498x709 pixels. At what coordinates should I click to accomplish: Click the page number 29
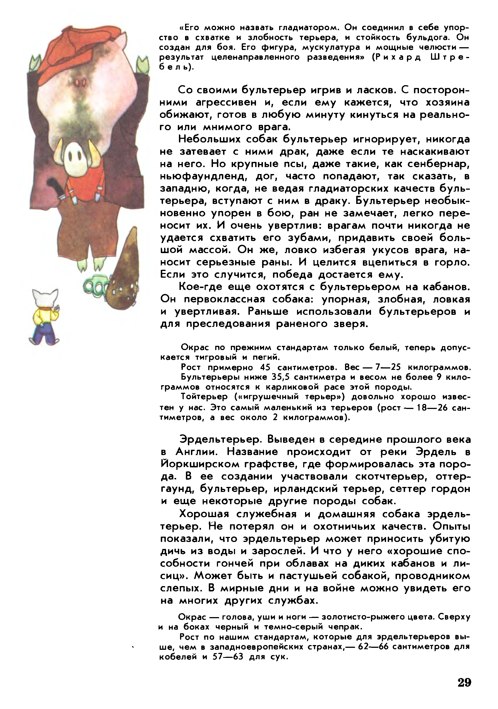coord(464,682)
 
